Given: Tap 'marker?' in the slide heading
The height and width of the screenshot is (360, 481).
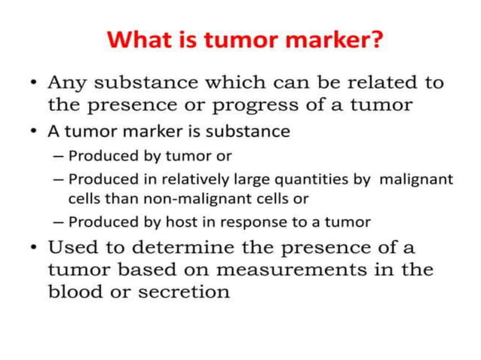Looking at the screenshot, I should (x=335, y=38).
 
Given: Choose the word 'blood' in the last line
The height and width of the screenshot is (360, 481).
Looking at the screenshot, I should (x=74, y=291).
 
